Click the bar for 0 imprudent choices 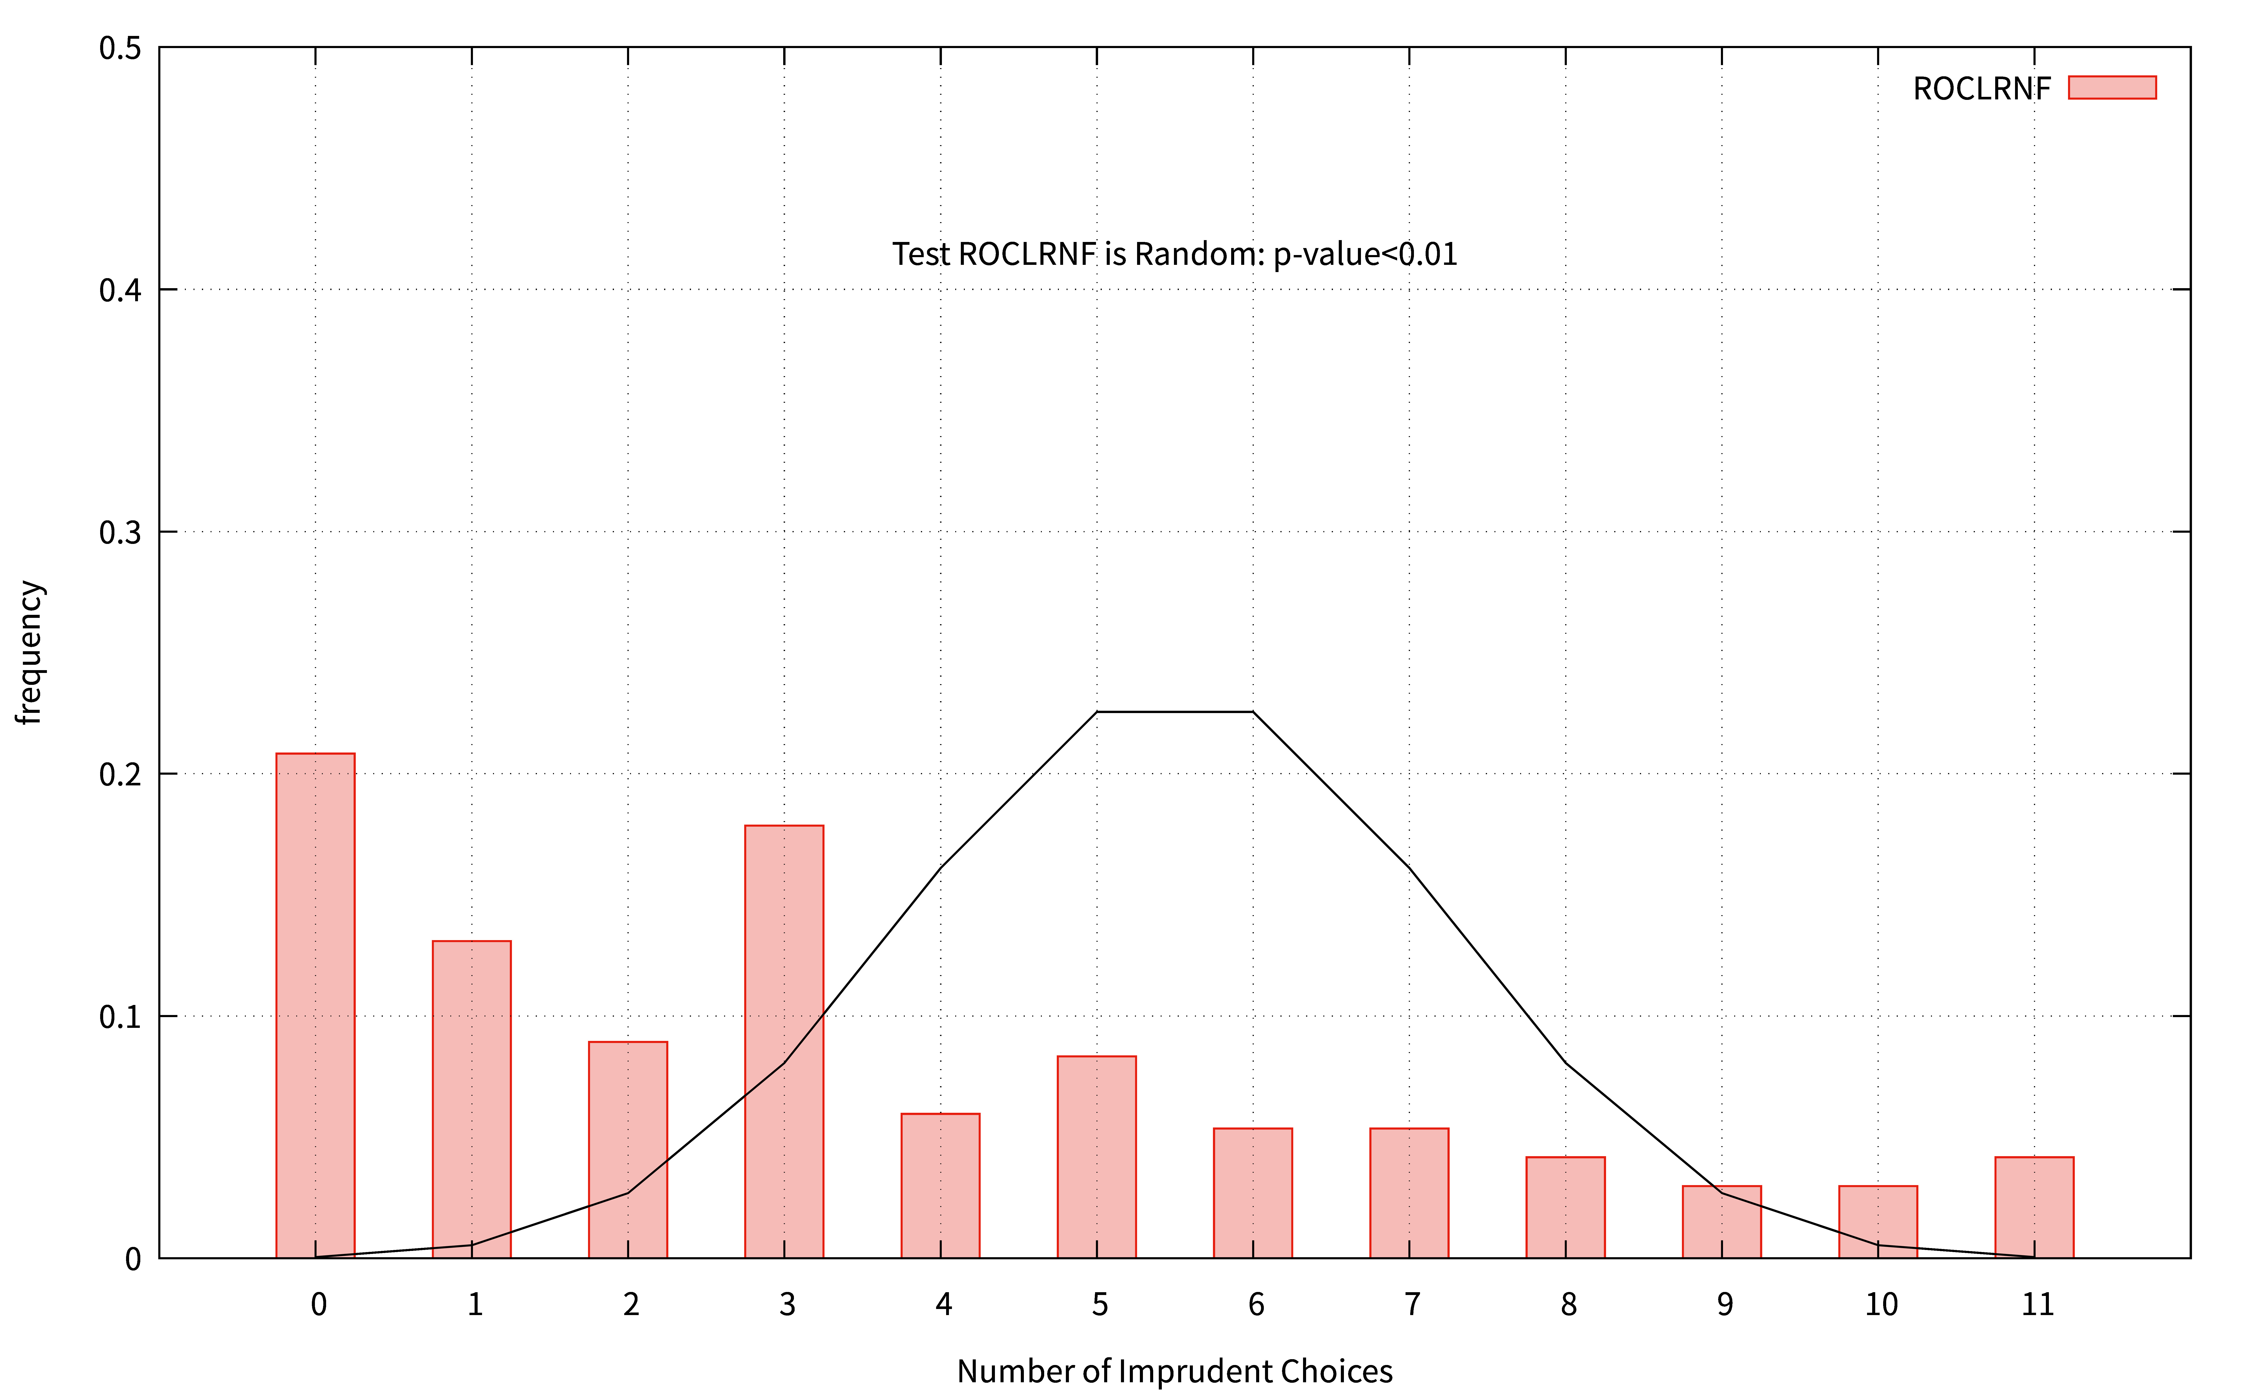[315, 1006]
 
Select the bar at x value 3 [784, 1042]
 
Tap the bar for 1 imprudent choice [471, 1099]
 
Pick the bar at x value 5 [1096, 1156]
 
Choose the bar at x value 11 [2034, 1207]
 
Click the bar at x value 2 [628, 1150]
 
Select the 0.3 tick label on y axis [120, 532]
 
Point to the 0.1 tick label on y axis [120, 1017]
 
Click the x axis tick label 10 [1881, 1305]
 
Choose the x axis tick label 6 [1256, 1305]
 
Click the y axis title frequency [31, 652]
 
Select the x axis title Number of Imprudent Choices [1174, 1371]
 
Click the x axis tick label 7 [1412, 1305]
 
